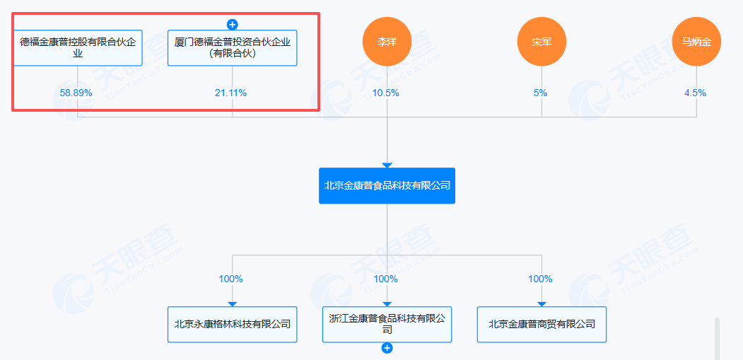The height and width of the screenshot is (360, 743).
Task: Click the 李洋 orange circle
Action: (x=387, y=41)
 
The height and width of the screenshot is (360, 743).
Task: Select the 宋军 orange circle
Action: (x=542, y=41)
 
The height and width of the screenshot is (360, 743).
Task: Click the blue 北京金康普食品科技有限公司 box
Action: (x=387, y=185)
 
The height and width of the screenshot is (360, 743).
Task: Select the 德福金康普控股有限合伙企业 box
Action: (x=78, y=47)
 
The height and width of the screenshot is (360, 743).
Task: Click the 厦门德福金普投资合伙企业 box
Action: (x=232, y=47)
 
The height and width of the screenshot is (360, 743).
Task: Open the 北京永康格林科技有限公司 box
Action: (x=232, y=324)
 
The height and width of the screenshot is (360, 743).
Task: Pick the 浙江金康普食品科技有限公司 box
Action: (x=387, y=324)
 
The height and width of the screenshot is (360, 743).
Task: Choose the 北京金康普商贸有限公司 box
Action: (x=542, y=324)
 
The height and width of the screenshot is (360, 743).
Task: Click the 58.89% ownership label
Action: (x=76, y=93)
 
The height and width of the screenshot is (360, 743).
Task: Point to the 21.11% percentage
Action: (x=231, y=93)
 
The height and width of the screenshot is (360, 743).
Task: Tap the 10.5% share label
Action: (x=386, y=93)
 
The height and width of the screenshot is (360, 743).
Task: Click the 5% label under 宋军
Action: (x=541, y=93)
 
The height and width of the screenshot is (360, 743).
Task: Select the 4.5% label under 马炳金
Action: (x=695, y=93)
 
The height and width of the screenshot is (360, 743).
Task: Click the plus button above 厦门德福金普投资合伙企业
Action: (x=232, y=24)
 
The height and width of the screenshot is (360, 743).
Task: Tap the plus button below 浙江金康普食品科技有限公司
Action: (x=387, y=348)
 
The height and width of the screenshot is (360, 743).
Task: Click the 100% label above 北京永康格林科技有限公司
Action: (x=230, y=279)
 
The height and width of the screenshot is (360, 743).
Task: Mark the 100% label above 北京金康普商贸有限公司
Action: (x=540, y=279)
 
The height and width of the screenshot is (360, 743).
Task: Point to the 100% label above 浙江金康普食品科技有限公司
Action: (x=385, y=279)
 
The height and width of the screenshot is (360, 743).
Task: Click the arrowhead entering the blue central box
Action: (x=387, y=164)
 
